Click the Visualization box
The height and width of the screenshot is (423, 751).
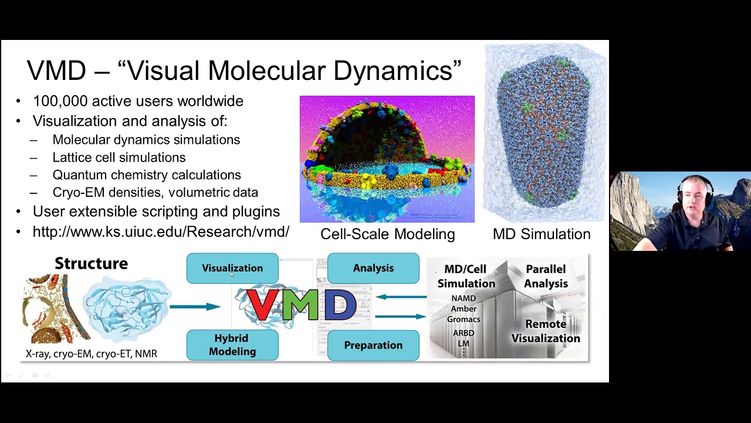(232, 268)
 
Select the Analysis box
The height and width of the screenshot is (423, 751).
(373, 268)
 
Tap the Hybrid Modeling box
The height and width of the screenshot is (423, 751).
(232, 345)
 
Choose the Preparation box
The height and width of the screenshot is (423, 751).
(373, 345)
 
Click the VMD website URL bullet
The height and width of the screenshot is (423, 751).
(161, 231)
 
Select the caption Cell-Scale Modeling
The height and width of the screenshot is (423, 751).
(387, 234)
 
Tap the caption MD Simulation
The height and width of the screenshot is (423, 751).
(542, 234)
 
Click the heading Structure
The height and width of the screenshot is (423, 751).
(91, 263)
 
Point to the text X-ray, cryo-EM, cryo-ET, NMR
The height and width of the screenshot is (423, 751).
(92, 354)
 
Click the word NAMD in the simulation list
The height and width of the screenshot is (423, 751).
(464, 298)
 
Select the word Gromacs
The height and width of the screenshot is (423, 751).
(464, 320)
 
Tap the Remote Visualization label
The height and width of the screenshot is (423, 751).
(546, 331)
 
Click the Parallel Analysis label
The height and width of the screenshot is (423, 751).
(546, 276)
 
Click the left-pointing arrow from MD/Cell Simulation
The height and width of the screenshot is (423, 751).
(401, 297)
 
